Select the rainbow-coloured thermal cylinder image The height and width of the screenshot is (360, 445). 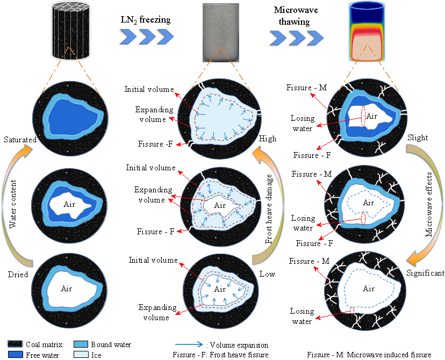[x=367, y=31]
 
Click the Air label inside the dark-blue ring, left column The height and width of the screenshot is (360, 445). [x=69, y=204]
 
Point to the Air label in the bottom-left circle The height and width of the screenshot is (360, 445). [x=67, y=289]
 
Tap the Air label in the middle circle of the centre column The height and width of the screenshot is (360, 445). [x=220, y=205]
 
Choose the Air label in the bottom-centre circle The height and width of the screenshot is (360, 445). [x=219, y=289]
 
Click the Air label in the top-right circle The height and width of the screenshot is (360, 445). [x=372, y=116]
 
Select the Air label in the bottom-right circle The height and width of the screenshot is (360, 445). [x=369, y=289]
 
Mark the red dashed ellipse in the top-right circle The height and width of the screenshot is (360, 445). [x=363, y=119]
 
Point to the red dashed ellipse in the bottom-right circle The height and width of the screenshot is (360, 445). [x=352, y=311]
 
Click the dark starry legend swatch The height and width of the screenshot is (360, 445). [x=15, y=344]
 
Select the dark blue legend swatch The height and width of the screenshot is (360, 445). [x=15, y=355]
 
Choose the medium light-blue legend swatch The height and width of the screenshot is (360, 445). [x=81, y=344]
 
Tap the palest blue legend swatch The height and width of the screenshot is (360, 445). [x=81, y=355]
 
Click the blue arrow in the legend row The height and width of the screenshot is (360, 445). [x=189, y=344]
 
